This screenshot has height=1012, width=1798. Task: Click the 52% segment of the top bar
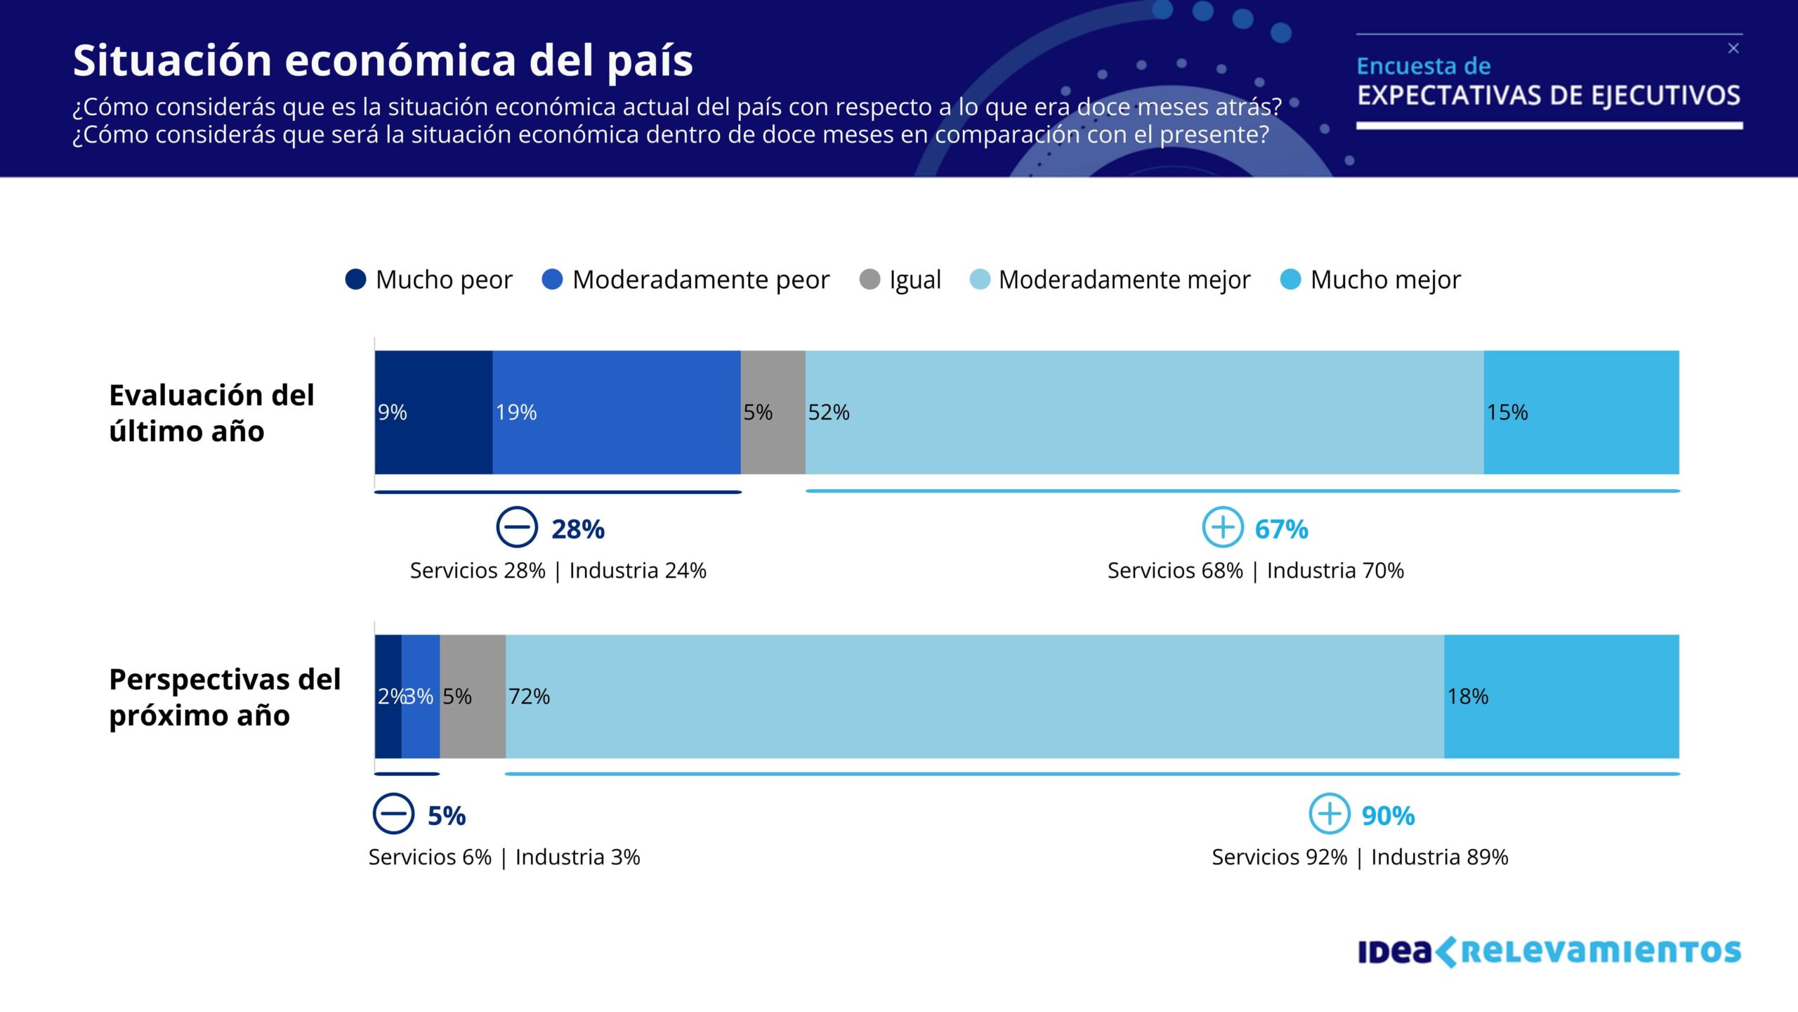1144,413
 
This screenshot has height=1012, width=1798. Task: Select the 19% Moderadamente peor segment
616,413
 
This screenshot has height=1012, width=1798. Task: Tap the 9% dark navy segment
433,413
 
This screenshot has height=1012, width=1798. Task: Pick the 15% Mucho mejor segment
1581,413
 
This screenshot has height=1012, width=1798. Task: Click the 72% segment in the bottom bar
974,696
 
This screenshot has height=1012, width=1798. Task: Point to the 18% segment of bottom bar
1561,696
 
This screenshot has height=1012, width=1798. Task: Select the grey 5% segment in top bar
773,413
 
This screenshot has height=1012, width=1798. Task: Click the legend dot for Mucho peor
356,280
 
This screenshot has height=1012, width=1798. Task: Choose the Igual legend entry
900,280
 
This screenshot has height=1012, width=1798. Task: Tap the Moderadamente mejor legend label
1124,280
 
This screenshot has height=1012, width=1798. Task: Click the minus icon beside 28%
517,527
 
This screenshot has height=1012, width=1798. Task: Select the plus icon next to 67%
1223,527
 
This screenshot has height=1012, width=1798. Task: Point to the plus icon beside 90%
1329,814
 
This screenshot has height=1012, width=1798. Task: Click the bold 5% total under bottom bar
447,815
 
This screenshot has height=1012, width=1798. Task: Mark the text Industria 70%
1335,571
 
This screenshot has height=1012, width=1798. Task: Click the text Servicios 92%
1279,857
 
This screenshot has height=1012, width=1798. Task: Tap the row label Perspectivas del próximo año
225,697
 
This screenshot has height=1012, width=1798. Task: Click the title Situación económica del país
383,60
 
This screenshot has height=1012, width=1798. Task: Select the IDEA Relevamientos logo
1549,952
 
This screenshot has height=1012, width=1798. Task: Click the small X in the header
1733,48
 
